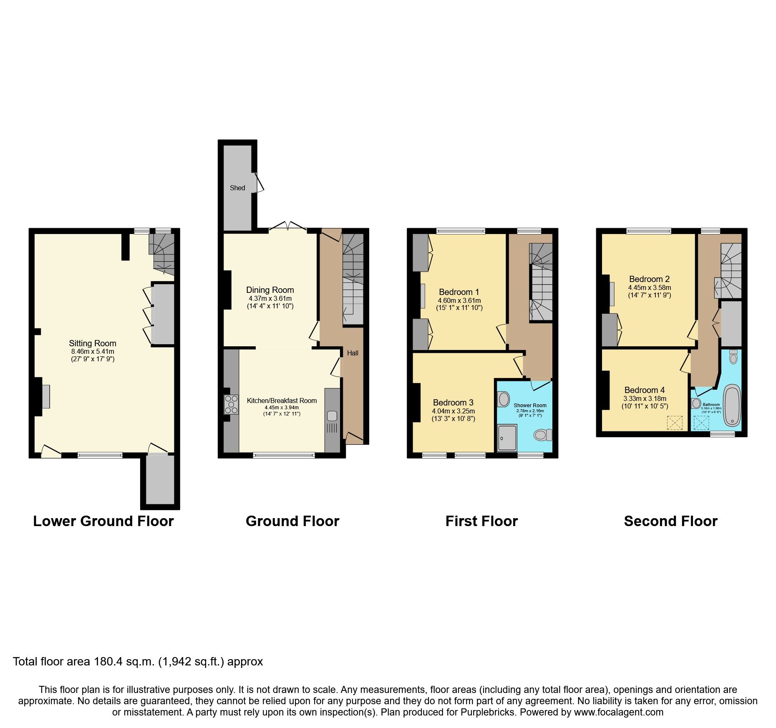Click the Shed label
coord(237,188)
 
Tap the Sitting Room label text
coord(93,343)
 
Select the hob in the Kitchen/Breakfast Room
coord(231,404)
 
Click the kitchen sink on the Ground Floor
coord(332,416)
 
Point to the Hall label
coord(353,353)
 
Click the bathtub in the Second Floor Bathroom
coord(732,405)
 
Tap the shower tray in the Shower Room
coord(507,438)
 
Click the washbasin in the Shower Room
coord(504,399)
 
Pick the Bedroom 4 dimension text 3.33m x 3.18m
coord(645,398)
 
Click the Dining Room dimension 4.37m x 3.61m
coord(270,299)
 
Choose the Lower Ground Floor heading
coord(103,521)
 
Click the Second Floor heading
coord(670,521)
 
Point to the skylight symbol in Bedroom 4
coord(675,422)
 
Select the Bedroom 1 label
coord(459,292)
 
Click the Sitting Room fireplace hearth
coord(45,396)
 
